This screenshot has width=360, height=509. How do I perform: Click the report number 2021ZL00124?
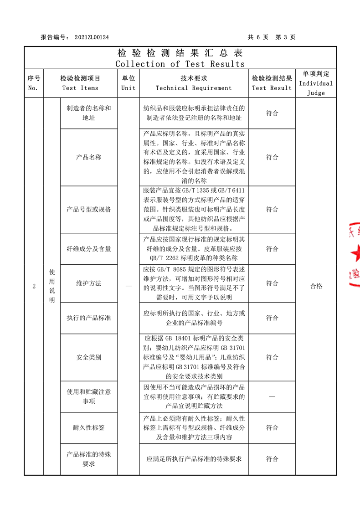91,37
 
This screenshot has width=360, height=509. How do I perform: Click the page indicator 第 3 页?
286,37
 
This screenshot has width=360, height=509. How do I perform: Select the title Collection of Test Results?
180,64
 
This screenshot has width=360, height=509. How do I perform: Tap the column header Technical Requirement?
194,88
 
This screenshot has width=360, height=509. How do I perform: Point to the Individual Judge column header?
316,83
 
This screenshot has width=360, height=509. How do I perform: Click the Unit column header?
129,83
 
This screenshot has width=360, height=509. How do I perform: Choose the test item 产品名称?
89,157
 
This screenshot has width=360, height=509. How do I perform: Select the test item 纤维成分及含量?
89,249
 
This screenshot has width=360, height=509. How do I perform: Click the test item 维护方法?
89,283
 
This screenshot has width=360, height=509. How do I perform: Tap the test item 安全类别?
89,357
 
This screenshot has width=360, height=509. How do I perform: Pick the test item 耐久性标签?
89,427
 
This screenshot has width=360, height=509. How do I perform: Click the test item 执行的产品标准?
89,318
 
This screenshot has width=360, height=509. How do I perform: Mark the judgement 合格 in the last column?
316,286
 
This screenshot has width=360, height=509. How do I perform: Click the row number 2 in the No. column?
34,286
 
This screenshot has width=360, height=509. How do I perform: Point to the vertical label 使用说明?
52,286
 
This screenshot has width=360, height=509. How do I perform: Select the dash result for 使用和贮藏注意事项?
272,396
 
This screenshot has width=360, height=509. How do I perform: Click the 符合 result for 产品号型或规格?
272,209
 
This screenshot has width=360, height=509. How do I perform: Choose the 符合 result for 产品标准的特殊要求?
272,459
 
